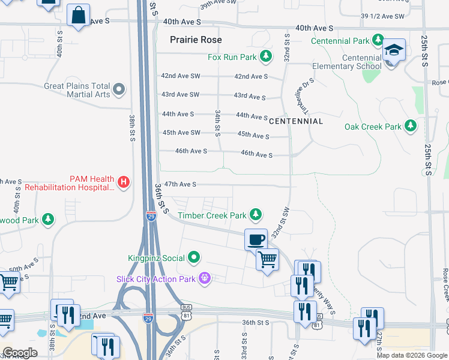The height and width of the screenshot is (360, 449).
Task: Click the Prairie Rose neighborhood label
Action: [x=196, y=40]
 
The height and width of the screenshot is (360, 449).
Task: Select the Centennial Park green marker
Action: [x=378, y=41]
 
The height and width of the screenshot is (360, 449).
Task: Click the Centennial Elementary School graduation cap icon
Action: [x=394, y=51]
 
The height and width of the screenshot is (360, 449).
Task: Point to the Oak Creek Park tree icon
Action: [x=411, y=126]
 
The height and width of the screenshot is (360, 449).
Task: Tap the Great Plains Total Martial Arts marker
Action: [x=118, y=90]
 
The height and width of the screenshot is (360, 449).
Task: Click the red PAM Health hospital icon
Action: [x=123, y=181]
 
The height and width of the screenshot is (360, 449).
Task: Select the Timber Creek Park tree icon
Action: [x=256, y=214]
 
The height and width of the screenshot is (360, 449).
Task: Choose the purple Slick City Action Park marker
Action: [x=205, y=279]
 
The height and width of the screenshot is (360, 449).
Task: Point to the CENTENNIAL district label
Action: [x=296, y=121]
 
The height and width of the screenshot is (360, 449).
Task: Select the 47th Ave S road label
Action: [x=180, y=184]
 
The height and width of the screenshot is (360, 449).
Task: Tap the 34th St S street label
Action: [x=217, y=122]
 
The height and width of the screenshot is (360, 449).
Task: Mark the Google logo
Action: [x=20, y=352]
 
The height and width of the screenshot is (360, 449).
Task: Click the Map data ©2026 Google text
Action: [x=411, y=355]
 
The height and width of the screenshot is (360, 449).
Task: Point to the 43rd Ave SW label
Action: [x=180, y=95]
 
